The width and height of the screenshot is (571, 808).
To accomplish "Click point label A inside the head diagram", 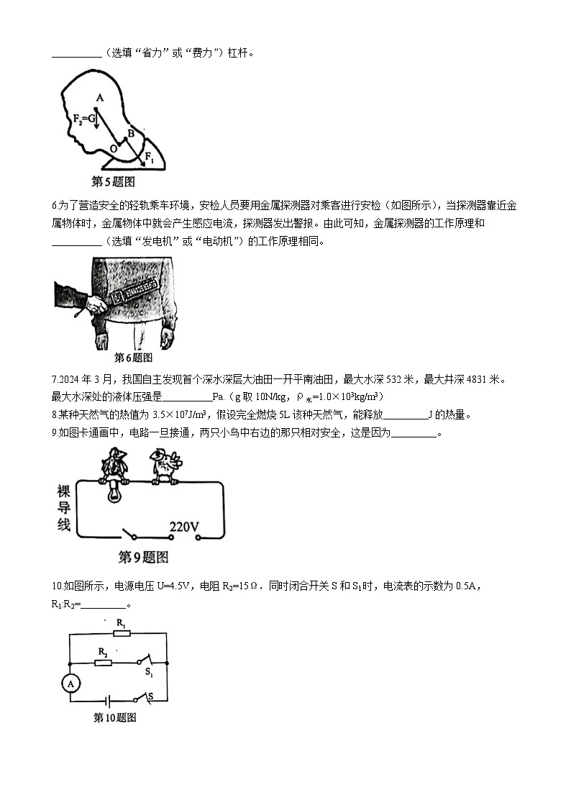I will click(100, 98).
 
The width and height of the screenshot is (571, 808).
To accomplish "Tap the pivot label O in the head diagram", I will click(113, 149).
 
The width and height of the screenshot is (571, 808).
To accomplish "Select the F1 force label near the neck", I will click(149, 155).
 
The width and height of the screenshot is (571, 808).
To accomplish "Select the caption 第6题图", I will click(134, 357).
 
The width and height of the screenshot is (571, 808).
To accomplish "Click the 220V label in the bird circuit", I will click(184, 527).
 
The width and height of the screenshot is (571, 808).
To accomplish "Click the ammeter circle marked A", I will click(70, 684).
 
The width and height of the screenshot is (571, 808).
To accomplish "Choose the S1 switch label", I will click(149, 672).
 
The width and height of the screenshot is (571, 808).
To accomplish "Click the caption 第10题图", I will click(115, 717).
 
